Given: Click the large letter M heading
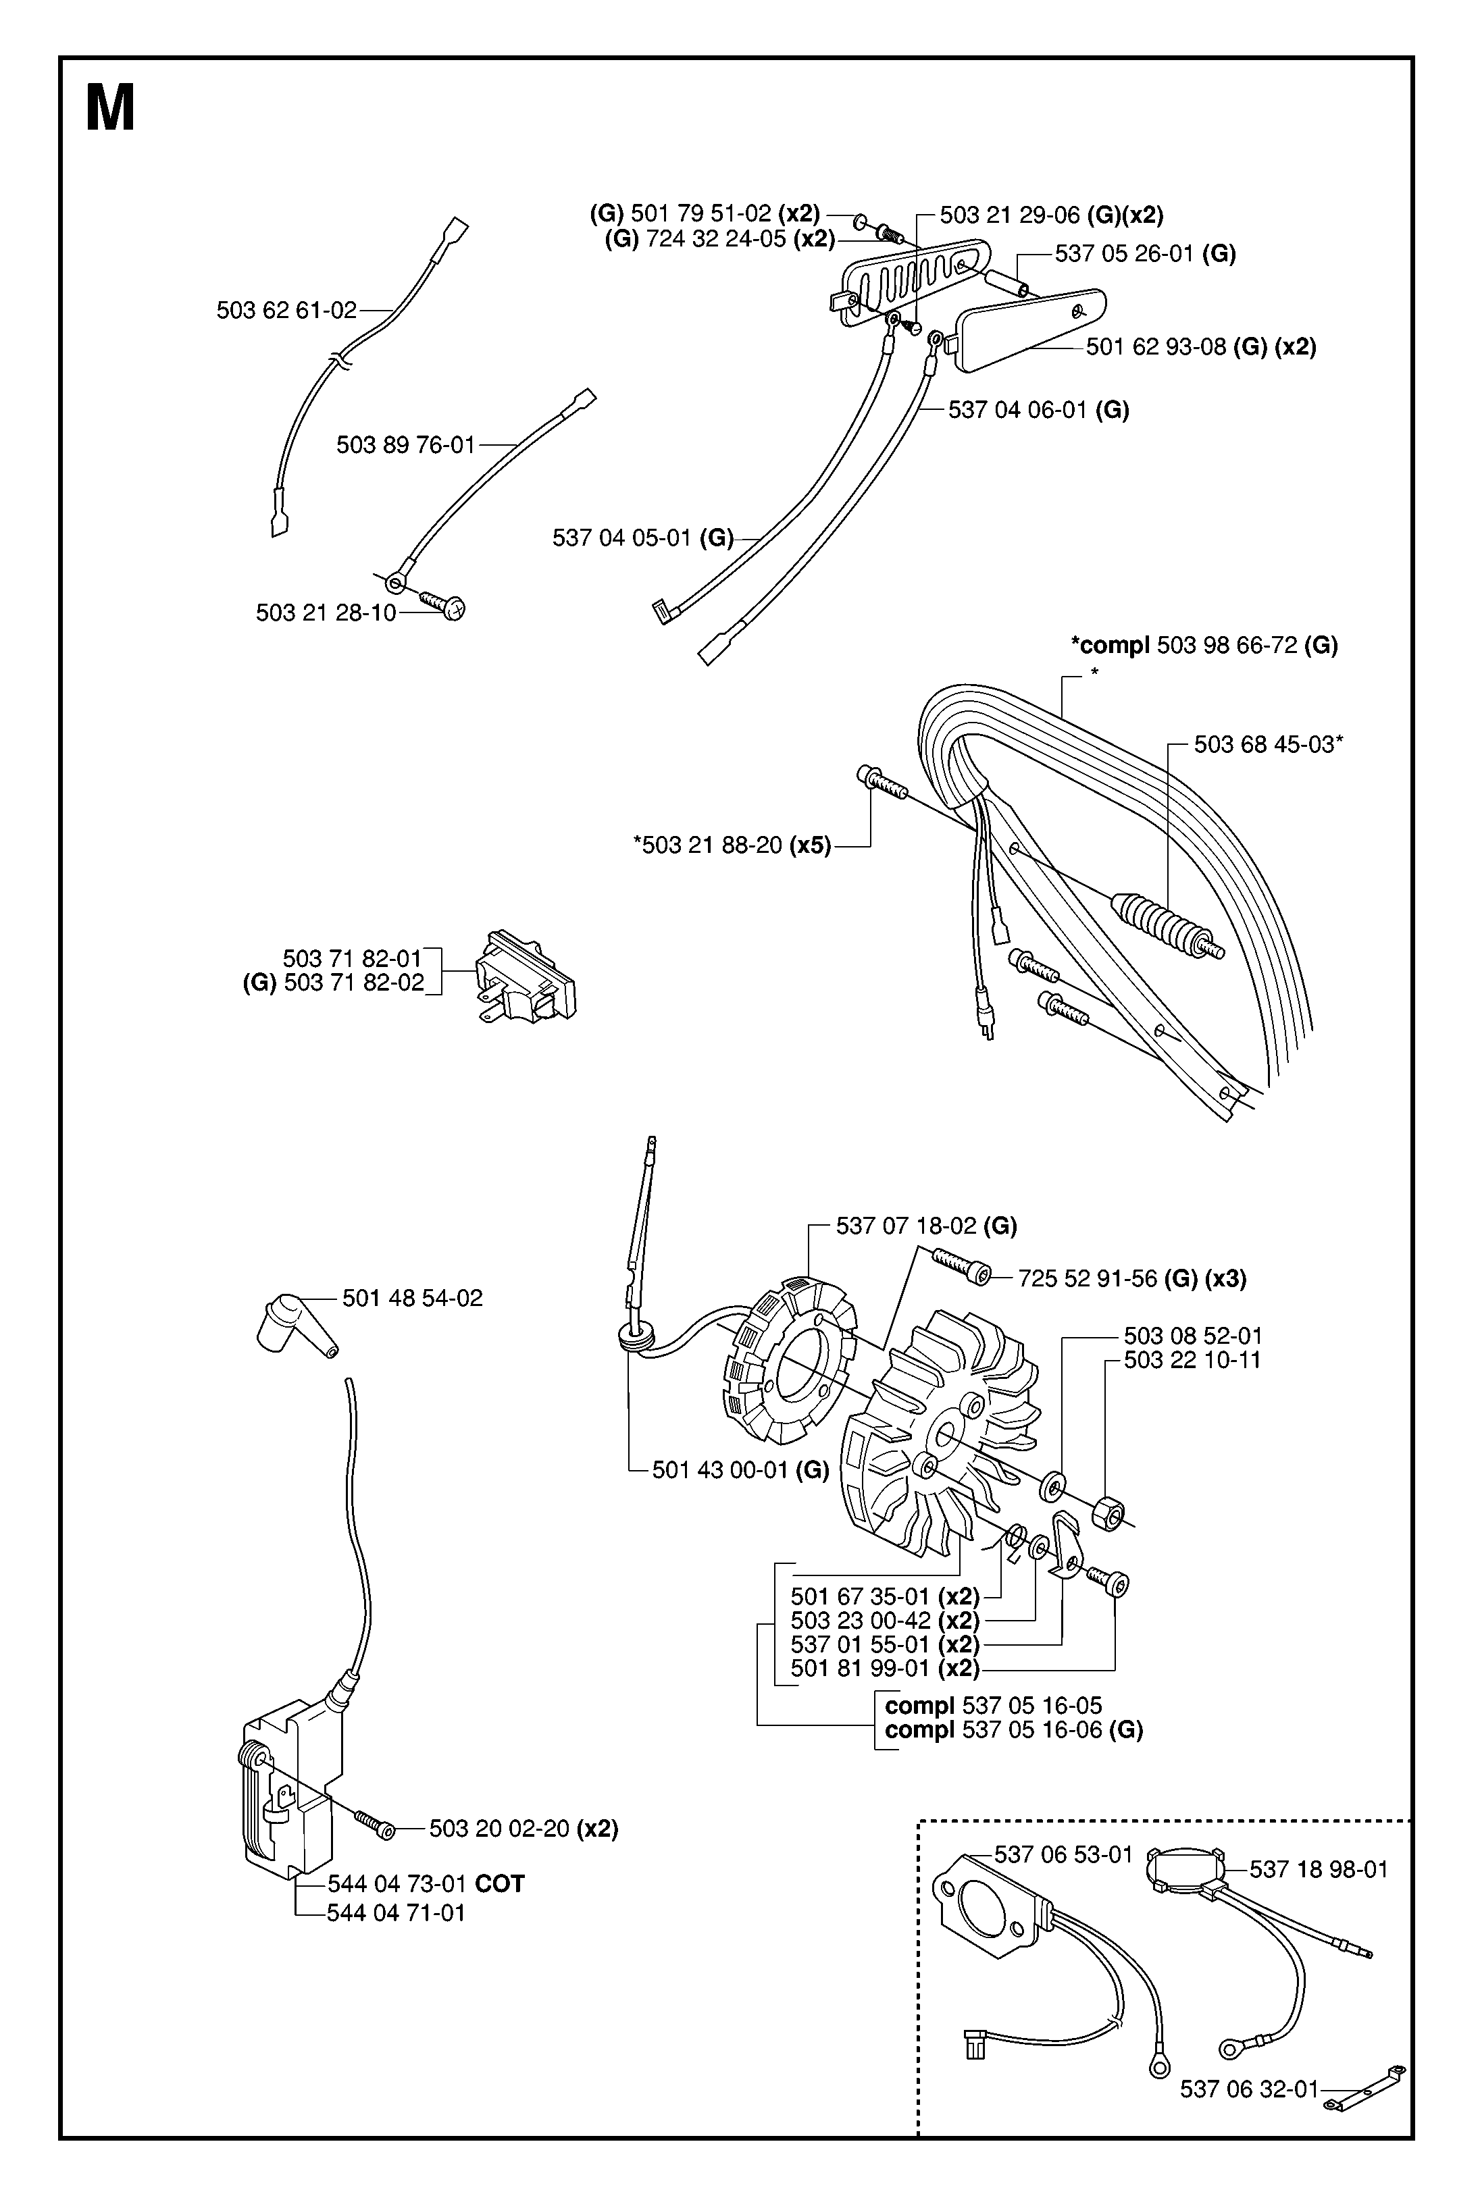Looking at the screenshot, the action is pyautogui.click(x=110, y=109).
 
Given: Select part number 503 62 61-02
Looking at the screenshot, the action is pyautogui.click(x=287, y=311).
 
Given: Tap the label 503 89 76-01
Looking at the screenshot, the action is pyautogui.click(x=406, y=446).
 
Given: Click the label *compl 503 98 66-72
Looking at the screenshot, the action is pyautogui.click(x=1204, y=646).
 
